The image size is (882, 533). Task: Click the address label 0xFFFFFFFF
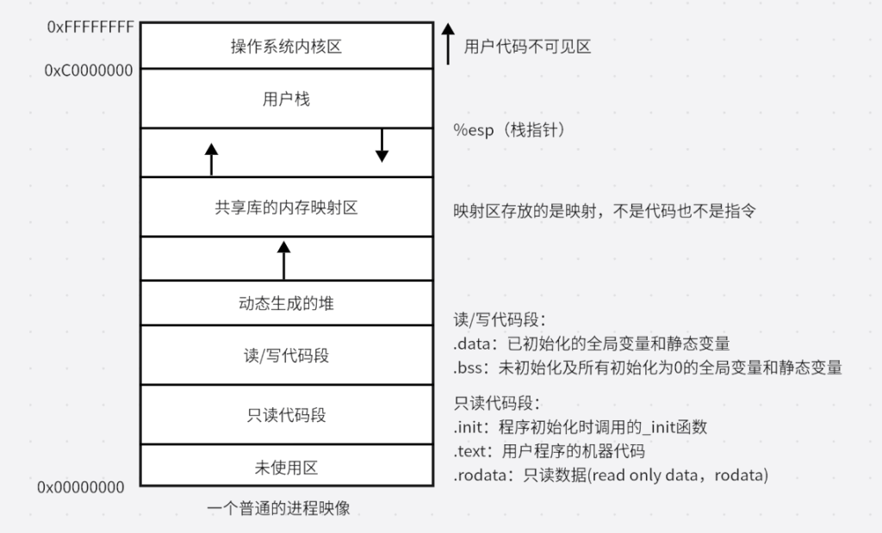tap(91, 27)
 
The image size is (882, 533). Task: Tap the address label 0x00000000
tap(81, 487)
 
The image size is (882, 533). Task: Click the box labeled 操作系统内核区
tap(286, 46)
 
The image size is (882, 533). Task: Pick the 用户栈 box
tap(286, 99)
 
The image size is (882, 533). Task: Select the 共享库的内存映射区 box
tap(286, 208)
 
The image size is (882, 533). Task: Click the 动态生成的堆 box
tap(286, 303)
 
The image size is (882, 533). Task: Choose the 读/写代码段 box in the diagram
tap(286, 355)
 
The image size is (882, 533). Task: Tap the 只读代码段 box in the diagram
tap(286, 415)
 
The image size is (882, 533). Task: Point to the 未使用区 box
tap(286, 468)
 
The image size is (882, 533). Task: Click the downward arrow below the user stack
tap(382, 146)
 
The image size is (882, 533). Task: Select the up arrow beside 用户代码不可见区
tap(448, 44)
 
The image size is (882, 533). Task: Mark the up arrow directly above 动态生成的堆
tap(284, 259)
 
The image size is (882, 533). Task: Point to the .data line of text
tap(592, 344)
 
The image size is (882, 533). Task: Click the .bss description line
tap(648, 368)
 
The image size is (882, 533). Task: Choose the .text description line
tap(550, 451)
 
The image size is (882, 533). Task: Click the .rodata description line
tap(611, 475)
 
